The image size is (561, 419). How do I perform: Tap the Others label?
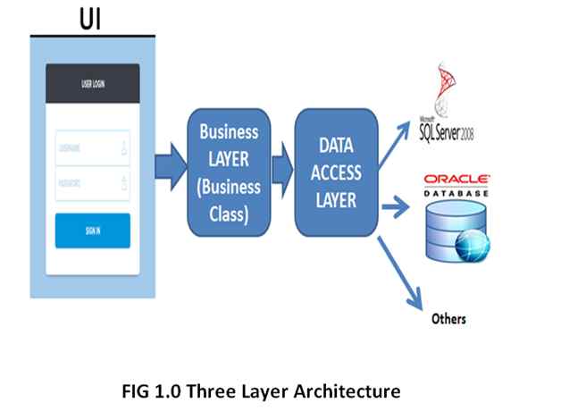pyautogui.click(x=448, y=318)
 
